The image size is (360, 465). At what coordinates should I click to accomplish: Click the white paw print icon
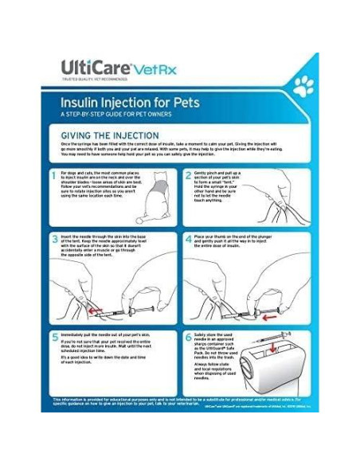pyautogui.click(x=303, y=87)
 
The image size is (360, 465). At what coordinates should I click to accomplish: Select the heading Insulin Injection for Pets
pyautogui.click(x=131, y=103)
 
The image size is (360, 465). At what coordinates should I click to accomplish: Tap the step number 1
pyautogui.click(x=55, y=174)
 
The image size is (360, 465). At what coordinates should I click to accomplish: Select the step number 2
pyautogui.click(x=189, y=174)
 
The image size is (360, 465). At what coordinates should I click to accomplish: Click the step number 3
pyautogui.click(x=55, y=237)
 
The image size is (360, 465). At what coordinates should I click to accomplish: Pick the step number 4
pyautogui.click(x=189, y=237)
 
